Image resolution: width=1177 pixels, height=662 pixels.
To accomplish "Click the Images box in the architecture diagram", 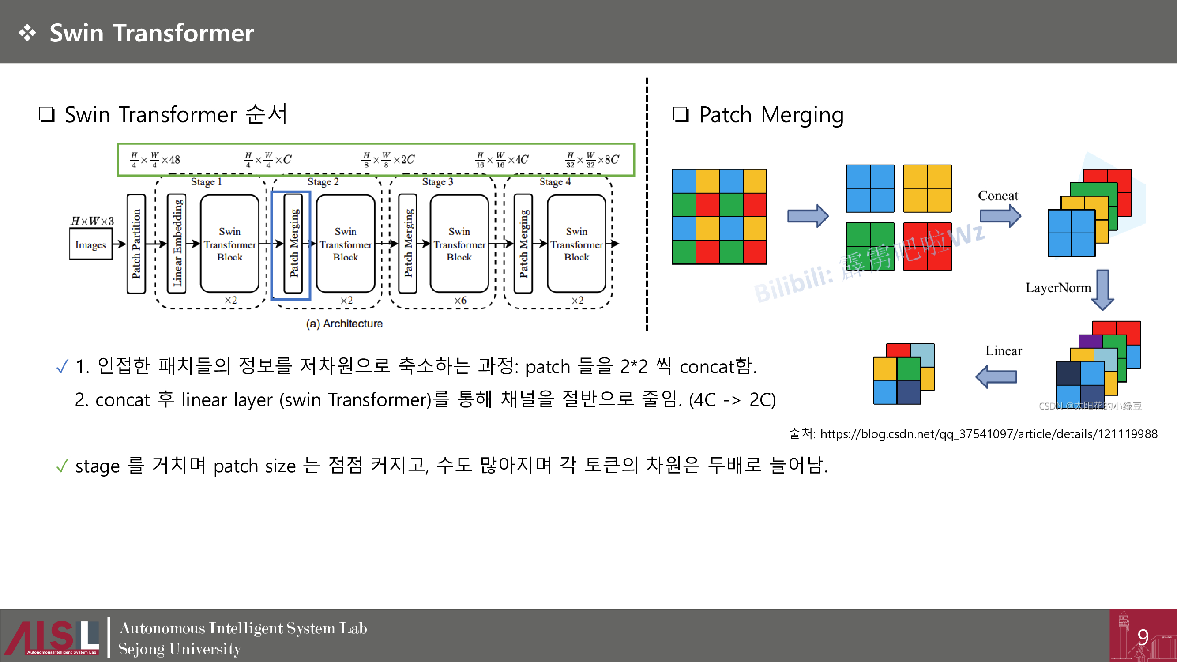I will (90, 245).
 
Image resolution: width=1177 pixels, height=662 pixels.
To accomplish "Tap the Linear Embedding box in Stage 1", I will (177, 244).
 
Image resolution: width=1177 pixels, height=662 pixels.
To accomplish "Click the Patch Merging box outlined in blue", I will (293, 244).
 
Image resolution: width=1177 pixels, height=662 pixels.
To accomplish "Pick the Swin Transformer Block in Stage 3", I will (459, 244).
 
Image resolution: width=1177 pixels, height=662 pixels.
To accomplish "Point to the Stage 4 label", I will (555, 182).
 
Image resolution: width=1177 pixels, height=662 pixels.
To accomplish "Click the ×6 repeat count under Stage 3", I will (460, 300).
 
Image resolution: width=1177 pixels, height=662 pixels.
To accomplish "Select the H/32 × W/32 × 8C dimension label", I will (592, 159).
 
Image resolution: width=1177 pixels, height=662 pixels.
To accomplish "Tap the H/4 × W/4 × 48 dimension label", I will (155, 159).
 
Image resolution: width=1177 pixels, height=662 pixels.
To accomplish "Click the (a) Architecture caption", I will (345, 324).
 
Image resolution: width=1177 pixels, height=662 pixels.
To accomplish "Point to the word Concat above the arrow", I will (998, 196).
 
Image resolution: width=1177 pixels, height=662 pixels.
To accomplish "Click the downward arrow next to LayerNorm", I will (1102, 290).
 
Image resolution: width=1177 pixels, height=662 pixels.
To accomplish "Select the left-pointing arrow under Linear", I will (996, 377).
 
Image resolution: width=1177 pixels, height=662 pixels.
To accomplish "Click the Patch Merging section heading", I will (771, 115).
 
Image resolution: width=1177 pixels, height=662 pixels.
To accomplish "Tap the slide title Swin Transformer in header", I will (151, 33).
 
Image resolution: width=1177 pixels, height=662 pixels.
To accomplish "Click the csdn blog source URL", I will (988, 434).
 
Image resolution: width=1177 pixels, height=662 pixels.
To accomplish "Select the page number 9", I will (1143, 637).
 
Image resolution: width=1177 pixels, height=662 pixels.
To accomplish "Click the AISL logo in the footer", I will (51, 637).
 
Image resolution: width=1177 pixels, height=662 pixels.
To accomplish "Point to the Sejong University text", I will (180, 649).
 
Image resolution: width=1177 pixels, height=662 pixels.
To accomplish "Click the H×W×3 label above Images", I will (92, 221).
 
